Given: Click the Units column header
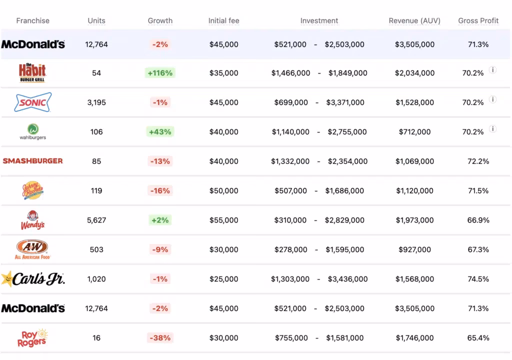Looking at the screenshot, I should pos(96,20).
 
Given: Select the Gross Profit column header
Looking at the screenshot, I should pos(478,20).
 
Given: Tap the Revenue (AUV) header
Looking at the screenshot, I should pos(414,20).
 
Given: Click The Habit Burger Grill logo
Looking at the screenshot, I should pos(32,73).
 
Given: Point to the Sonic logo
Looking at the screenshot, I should pos(32,102).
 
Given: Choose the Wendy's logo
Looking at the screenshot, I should pos(32,220).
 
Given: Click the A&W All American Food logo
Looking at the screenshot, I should pos(32,249).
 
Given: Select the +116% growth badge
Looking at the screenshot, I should pos(160,73).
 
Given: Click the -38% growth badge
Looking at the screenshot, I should pos(160,338).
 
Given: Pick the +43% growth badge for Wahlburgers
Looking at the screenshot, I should pos(160,132).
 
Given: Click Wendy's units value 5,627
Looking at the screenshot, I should pos(96,220).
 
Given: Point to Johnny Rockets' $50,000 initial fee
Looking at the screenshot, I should pos(223,190).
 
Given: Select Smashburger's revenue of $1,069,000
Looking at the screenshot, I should pos(414,161).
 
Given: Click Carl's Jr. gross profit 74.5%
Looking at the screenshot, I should pos(478,279).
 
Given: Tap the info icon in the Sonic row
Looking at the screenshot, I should pos(492,99).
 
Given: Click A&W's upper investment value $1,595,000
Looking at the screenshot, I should pos(344,249).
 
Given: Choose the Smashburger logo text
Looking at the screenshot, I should pos(32,161).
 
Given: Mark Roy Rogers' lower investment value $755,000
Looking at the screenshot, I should pos(291,338).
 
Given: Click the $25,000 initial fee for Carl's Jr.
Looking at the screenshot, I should pos(223,279).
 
